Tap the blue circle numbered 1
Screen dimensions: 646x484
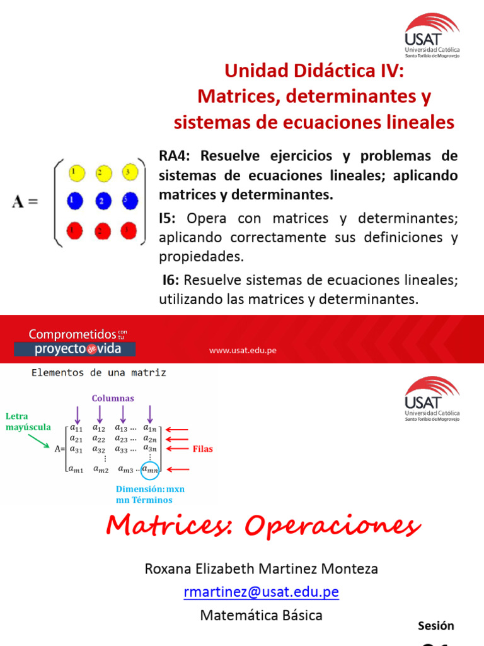point(74,201)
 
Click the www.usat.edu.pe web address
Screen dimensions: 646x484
point(243,351)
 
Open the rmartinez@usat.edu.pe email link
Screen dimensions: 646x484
point(261,592)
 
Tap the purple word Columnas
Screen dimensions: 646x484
point(113,398)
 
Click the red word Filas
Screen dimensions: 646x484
point(203,449)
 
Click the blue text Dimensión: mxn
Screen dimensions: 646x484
point(150,489)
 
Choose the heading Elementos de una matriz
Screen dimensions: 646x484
point(99,373)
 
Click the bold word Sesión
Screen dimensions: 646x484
point(435,626)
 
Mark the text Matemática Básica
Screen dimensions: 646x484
point(261,615)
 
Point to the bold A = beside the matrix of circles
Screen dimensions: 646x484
point(25,203)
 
